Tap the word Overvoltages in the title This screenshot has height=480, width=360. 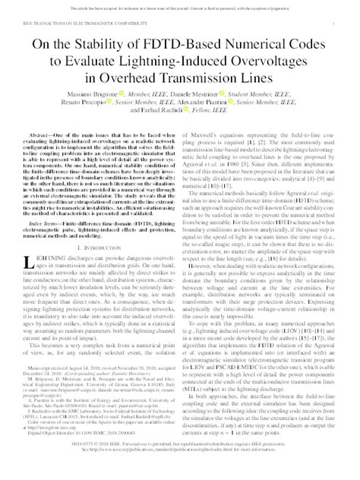point(282,65)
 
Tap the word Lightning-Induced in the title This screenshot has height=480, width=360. point(172,65)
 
